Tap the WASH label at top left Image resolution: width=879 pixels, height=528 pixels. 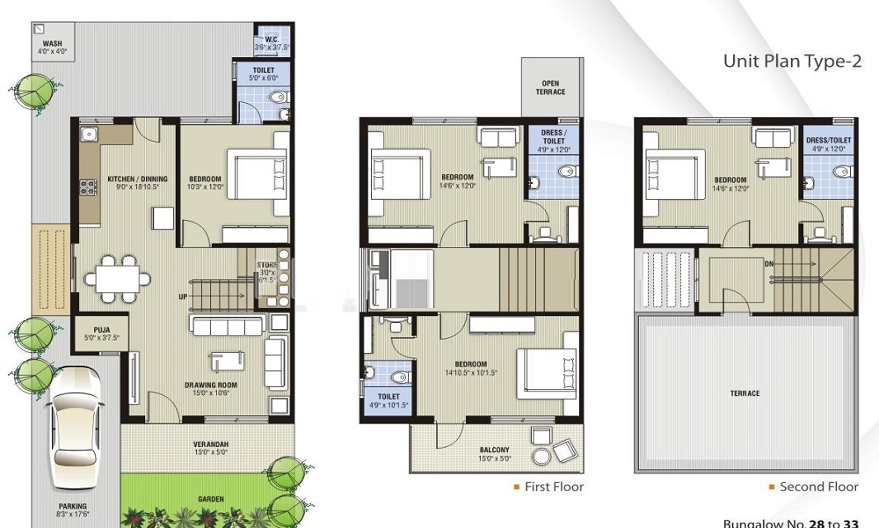(x=52, y=42)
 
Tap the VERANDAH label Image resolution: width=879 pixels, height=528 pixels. (x=210, y=444)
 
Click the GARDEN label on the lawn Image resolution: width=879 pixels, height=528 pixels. (x=210, y=499)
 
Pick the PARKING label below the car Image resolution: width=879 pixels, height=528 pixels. (x=73, y=506)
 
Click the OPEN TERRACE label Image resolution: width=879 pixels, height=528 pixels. (x=551, y=88)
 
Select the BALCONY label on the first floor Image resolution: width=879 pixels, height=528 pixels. (x=494, y=451)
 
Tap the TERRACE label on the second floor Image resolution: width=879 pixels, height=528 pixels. (x=745, y=393)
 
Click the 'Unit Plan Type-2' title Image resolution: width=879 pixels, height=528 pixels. (x=791, y=61)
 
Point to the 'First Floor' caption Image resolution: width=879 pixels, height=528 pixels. (x=554, y=487)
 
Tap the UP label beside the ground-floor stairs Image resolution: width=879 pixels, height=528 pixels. (x=183, y=296)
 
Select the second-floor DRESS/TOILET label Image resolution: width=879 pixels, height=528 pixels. (x=829, y=140)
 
